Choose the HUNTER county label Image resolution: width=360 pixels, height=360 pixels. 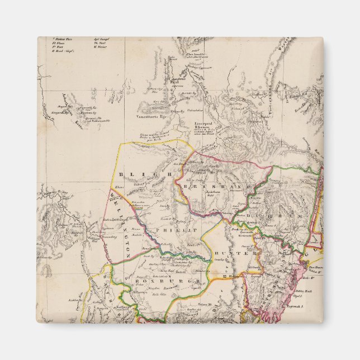(239, 253)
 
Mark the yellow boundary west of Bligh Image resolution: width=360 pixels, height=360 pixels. (119, 168)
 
